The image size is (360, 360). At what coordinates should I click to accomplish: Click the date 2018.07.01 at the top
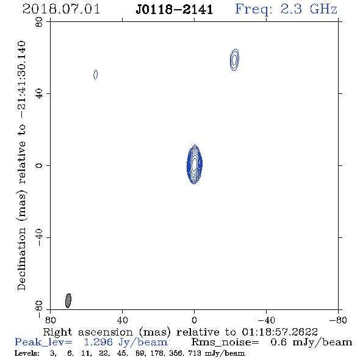pos(61,9)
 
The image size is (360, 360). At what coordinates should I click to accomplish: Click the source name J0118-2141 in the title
pos(175,10)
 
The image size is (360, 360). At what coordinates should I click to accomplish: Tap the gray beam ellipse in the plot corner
pos(68,301)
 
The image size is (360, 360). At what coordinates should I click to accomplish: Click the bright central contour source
pos(195,164)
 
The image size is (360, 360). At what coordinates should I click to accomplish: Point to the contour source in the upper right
pos(234,60)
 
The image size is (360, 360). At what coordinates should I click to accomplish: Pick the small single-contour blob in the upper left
pos(96,74)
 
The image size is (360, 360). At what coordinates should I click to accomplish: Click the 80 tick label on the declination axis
pos(39,22)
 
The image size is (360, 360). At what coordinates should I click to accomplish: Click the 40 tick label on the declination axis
pos(39,94)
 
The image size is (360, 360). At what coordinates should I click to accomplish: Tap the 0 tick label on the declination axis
pos(39,165)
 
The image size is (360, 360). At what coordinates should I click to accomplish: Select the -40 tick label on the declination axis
pos(39,237)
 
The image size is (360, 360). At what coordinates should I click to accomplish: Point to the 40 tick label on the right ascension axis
pos(122,320)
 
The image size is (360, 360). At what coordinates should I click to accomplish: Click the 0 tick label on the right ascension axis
pos(194,320)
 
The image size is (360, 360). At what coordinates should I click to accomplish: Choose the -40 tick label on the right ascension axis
pos(266,320)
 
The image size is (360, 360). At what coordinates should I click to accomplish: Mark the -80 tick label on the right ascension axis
pos(338,320)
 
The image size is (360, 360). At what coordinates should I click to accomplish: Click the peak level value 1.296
pos(98,342)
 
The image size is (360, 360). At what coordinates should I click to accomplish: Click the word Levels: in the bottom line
pos(27,353)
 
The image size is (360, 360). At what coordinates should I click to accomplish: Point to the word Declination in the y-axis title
pos(21,259)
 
